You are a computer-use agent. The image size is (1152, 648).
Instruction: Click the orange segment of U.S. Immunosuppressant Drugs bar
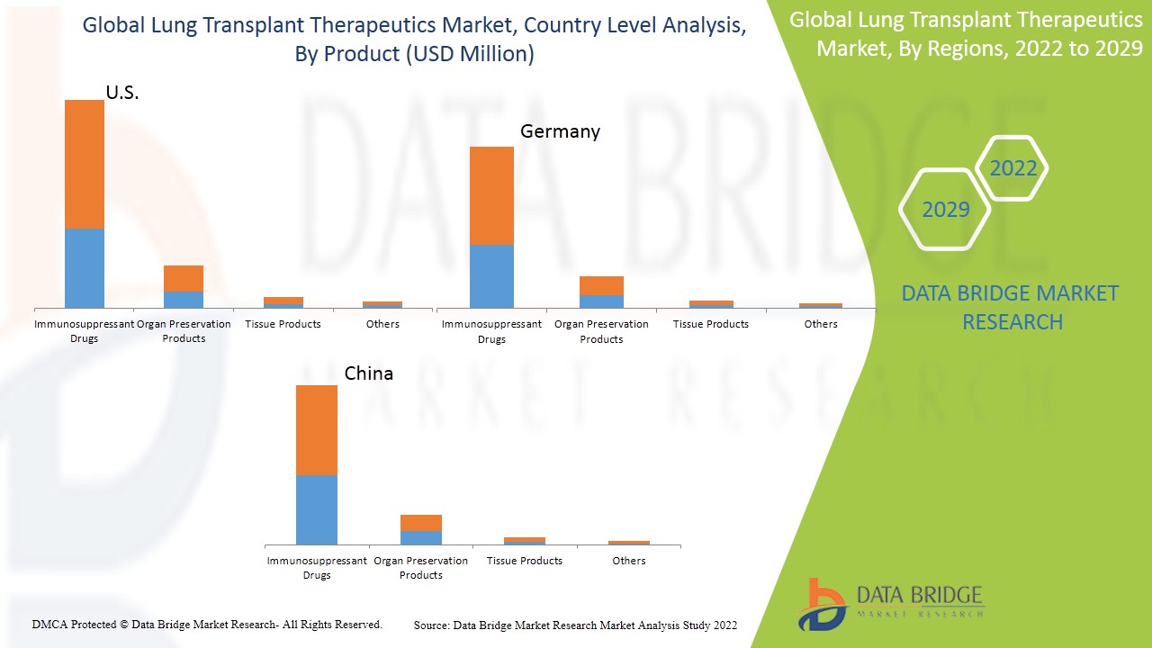point(85,164)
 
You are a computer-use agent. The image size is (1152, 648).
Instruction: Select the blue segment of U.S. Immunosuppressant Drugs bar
point(85,268)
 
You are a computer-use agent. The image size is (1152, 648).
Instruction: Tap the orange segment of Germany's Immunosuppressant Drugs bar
point(491,195)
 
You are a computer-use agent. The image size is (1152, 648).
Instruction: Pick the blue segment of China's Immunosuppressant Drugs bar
point(317,509)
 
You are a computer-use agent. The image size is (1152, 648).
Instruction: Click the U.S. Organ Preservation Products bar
point(184,286)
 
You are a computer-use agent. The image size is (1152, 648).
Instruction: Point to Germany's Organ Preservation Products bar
point(601,292)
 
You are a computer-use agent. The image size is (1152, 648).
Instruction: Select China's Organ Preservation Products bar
point(421,529)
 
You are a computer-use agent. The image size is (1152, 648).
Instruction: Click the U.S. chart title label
point(122,93)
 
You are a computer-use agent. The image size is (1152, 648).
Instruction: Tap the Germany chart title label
point(560,131)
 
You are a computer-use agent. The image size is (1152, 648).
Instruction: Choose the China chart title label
point(369,373)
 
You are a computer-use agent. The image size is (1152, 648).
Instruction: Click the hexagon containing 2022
point(1012,168)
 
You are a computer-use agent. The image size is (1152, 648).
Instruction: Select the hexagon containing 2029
point(946,210)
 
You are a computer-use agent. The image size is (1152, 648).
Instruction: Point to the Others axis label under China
point(629,561)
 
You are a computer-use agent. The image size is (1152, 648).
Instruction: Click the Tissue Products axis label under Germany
point(711,324)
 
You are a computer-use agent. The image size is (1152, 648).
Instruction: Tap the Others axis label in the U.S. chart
point(382,324)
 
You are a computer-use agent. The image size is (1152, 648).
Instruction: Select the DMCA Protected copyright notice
point(207,624)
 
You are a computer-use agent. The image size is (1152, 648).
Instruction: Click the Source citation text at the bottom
point(575,625)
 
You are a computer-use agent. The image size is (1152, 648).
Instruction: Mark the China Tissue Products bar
point(525,540)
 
